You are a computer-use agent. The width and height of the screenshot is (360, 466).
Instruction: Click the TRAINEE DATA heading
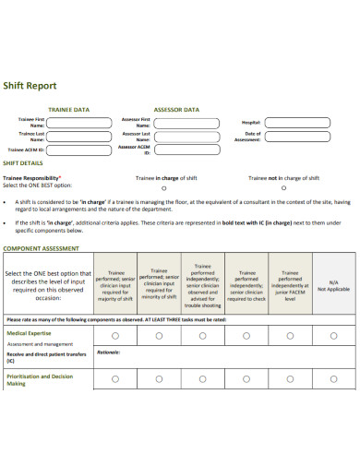pyautogui.click(x=68, y=109)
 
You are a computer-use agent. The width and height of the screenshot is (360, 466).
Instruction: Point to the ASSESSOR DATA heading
pyautogui.click(x=175, y=109)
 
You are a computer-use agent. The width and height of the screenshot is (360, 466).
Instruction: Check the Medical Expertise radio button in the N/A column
pyautogui.click(x=333, y=337)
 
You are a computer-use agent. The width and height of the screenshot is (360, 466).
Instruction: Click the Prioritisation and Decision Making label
pyautogui.click(x=39, y=379)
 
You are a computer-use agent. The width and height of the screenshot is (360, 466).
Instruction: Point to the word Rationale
pyautogui.click(x=108, y=352)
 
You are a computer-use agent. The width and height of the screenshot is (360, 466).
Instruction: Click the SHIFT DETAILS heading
pyautogui.click(x=26, y=162)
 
